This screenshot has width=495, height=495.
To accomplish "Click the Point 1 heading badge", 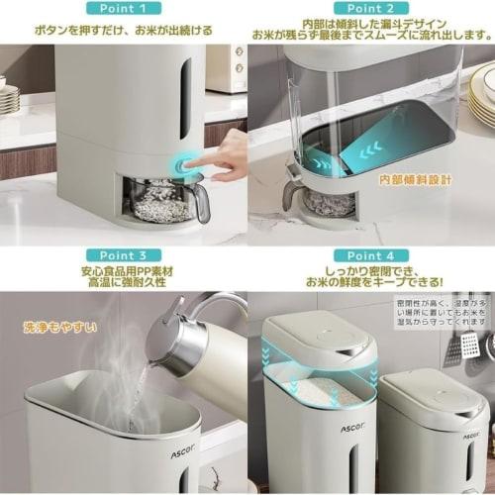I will click(123, 8).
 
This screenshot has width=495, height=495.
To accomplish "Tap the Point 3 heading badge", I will click(123, 255).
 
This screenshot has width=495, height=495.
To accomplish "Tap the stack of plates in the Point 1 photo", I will click(9, 98).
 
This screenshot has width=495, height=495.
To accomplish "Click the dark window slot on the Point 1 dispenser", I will click(185, 99).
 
